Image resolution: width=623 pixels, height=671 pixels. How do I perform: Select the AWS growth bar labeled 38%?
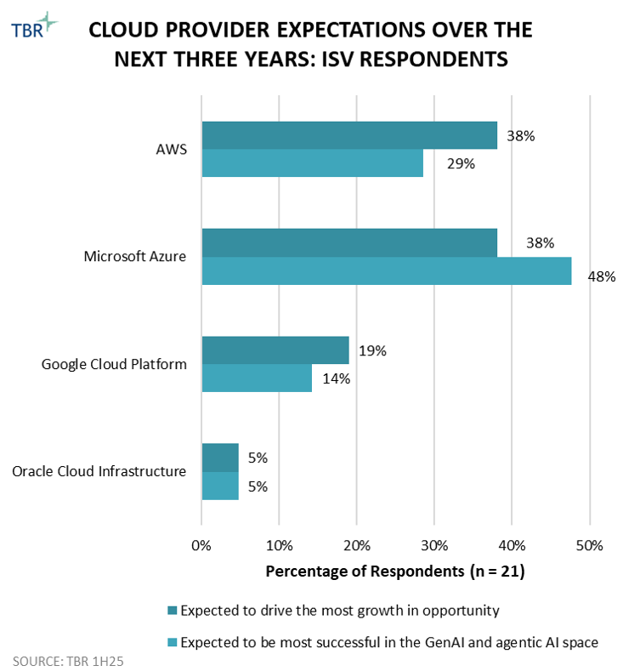click(x=348, y=135)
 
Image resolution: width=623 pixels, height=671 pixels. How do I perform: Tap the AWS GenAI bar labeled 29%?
click(x=312, y=162)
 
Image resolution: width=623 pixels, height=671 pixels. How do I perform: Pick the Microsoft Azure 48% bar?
click(x=386, y=270)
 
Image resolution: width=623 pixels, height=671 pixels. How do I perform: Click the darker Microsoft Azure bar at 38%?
click(x=348, y=243)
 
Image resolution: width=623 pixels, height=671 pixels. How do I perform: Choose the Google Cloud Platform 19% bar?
click(x=275, y=350)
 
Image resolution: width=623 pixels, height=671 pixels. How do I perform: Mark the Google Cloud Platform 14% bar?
click(x=256, y=378)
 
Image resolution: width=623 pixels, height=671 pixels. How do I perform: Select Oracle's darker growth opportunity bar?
click(x=219, y=458)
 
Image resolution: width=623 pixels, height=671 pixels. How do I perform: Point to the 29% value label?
click(x=460, y=163)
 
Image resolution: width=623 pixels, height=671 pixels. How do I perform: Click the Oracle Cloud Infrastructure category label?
click(x=99, y=471)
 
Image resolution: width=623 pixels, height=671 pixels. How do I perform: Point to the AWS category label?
click(x=171, y=149)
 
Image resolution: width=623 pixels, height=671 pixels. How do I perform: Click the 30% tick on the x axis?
click(x=433, y=544)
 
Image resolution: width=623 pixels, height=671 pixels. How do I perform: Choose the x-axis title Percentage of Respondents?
click(x=395, y=571)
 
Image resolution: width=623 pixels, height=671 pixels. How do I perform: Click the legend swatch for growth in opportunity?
click(x=173, y=610)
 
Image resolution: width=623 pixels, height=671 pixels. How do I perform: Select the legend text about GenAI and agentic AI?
click(x=389, y=643)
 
